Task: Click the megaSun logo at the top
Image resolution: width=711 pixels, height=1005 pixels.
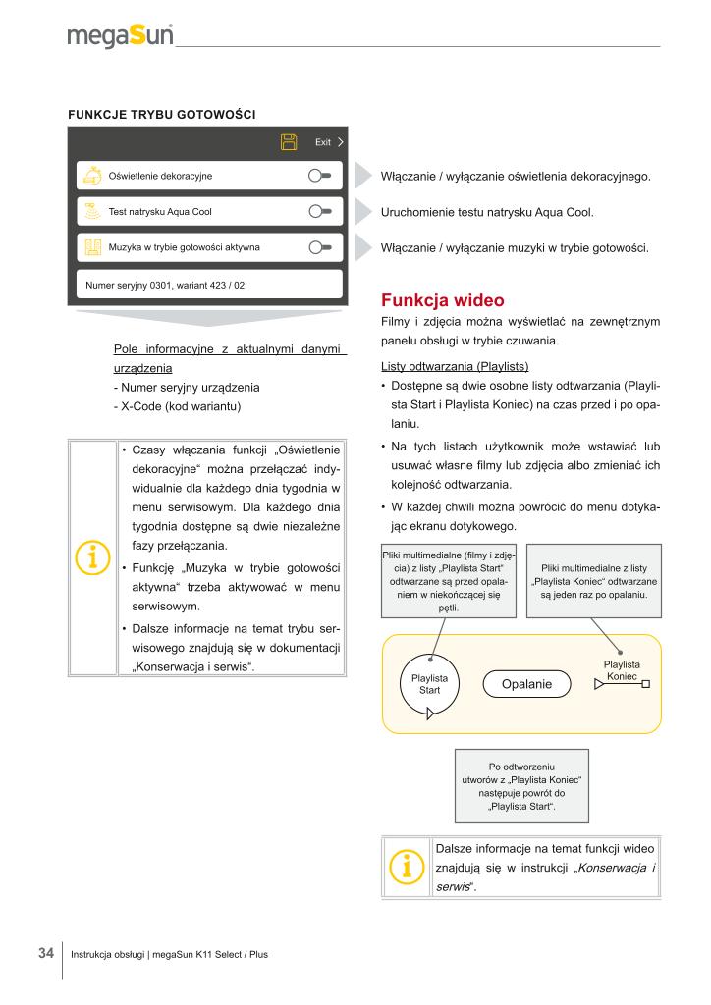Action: click(x=120, y=37)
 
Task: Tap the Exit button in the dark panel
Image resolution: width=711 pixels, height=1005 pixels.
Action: click(x=328, y=142)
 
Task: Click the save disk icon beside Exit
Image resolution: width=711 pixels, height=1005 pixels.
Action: click(x=289, y=142)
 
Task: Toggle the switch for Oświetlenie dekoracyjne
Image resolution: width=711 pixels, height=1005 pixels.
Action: click(x=320, y=176)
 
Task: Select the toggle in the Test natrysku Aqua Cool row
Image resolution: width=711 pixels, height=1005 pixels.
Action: click(x=320, y=211)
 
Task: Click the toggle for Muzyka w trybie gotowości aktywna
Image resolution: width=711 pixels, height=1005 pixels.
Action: click(x=320, y=246)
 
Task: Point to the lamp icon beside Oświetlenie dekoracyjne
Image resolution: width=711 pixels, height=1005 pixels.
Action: click(x=91, y=176)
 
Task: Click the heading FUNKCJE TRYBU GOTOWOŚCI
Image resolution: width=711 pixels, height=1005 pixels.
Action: click(x=161, y=114)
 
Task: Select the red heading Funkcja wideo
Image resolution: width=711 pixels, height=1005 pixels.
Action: click(x=442, y=299)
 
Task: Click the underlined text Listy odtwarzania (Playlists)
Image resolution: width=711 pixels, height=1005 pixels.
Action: click(x=454, y=367)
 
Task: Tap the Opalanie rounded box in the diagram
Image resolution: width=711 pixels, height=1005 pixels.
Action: click(x=526, y=683)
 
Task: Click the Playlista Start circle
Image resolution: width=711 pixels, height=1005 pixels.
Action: click(x=430, y=683)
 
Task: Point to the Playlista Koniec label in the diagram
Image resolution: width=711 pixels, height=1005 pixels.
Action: click(x=622, y=671)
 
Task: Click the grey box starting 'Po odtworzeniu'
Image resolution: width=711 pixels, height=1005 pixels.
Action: click(x=520, y=786)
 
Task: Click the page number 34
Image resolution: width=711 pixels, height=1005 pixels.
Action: click(x=45, y=952)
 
